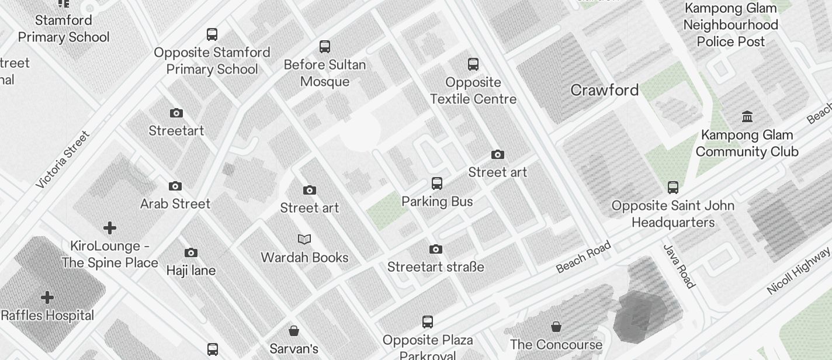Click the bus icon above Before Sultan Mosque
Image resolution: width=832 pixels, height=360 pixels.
click(325, 47)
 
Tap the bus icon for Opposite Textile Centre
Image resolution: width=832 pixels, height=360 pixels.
click(473, 64)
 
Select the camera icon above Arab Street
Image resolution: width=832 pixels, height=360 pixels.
click(175, 186)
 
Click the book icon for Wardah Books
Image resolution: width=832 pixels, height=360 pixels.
click(304, 239)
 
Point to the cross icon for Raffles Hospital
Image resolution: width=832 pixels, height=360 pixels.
click(47, 298)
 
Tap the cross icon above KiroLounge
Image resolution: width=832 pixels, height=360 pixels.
click(110, 228)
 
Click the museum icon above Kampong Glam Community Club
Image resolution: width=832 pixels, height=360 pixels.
click(747, 117)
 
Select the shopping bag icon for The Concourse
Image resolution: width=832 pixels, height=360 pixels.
click(556, 327)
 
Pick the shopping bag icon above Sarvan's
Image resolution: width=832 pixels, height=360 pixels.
click(294, 331)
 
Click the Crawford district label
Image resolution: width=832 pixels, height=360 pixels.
click(604, 90)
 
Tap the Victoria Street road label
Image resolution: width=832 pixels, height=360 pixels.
click(63, 160)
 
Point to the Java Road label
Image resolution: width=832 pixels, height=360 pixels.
click(680, 266)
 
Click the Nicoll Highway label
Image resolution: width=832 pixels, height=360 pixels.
click(798, 270)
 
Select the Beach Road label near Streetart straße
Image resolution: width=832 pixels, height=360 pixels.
click(583, 257)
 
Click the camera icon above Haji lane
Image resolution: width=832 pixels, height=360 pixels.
click(191, 253)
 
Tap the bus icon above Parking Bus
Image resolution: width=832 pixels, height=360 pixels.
click(437, 184)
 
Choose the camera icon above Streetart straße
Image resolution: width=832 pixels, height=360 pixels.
click(435, 250)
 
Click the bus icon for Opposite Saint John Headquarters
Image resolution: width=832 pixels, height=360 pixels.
click(673, 188)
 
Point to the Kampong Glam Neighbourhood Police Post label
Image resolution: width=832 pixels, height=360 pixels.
click(730, 25)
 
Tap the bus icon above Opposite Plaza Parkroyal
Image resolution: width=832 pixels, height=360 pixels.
click(428, 322)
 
